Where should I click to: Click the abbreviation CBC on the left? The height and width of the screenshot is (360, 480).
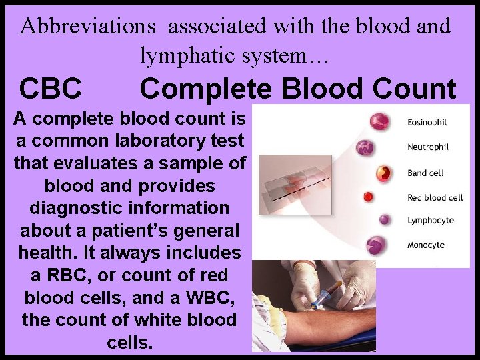[51, 88]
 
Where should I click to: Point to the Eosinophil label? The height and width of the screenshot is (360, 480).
[427, 122]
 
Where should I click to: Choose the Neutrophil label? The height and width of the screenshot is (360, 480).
[427, 146]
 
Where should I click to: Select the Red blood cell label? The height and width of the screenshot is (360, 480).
[435, 197]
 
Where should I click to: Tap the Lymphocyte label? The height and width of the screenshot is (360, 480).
[430, 221]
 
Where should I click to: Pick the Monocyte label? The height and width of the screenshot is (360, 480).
[426, 245]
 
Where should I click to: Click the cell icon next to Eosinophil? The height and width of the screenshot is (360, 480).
[380, 121]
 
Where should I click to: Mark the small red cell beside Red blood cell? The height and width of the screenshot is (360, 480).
[367, 197]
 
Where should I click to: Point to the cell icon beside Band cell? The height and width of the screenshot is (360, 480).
[383, 173]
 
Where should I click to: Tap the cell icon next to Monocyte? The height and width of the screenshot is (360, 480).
[376, 245]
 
